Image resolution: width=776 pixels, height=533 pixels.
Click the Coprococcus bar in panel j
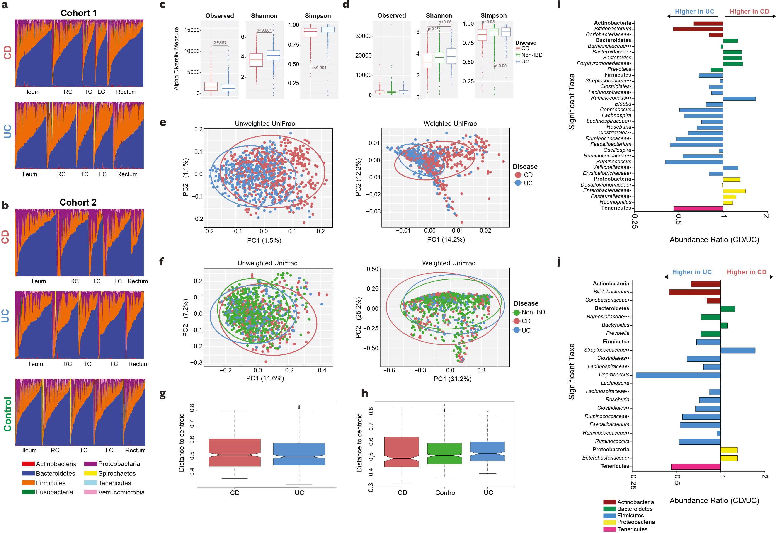tap(678, 375)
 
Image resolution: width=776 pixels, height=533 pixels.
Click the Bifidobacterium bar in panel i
tap(698, 29)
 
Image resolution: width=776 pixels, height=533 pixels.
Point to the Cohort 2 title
tap(78, 202)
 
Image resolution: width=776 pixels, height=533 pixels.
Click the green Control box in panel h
tap(444, 453)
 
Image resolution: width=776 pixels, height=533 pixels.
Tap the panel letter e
tap(163, 123)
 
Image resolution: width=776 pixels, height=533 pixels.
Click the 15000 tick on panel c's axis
tap(192, 30)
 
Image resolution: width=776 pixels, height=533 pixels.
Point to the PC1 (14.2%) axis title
tap(446, 240)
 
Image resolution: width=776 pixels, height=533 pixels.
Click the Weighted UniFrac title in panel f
tap(449, 263)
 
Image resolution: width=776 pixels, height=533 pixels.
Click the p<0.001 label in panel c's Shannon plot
tap(264, 30)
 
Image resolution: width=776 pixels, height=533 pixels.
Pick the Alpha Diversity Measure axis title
tap(176, 59)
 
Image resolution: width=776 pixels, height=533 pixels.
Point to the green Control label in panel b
tap(7, 414)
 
